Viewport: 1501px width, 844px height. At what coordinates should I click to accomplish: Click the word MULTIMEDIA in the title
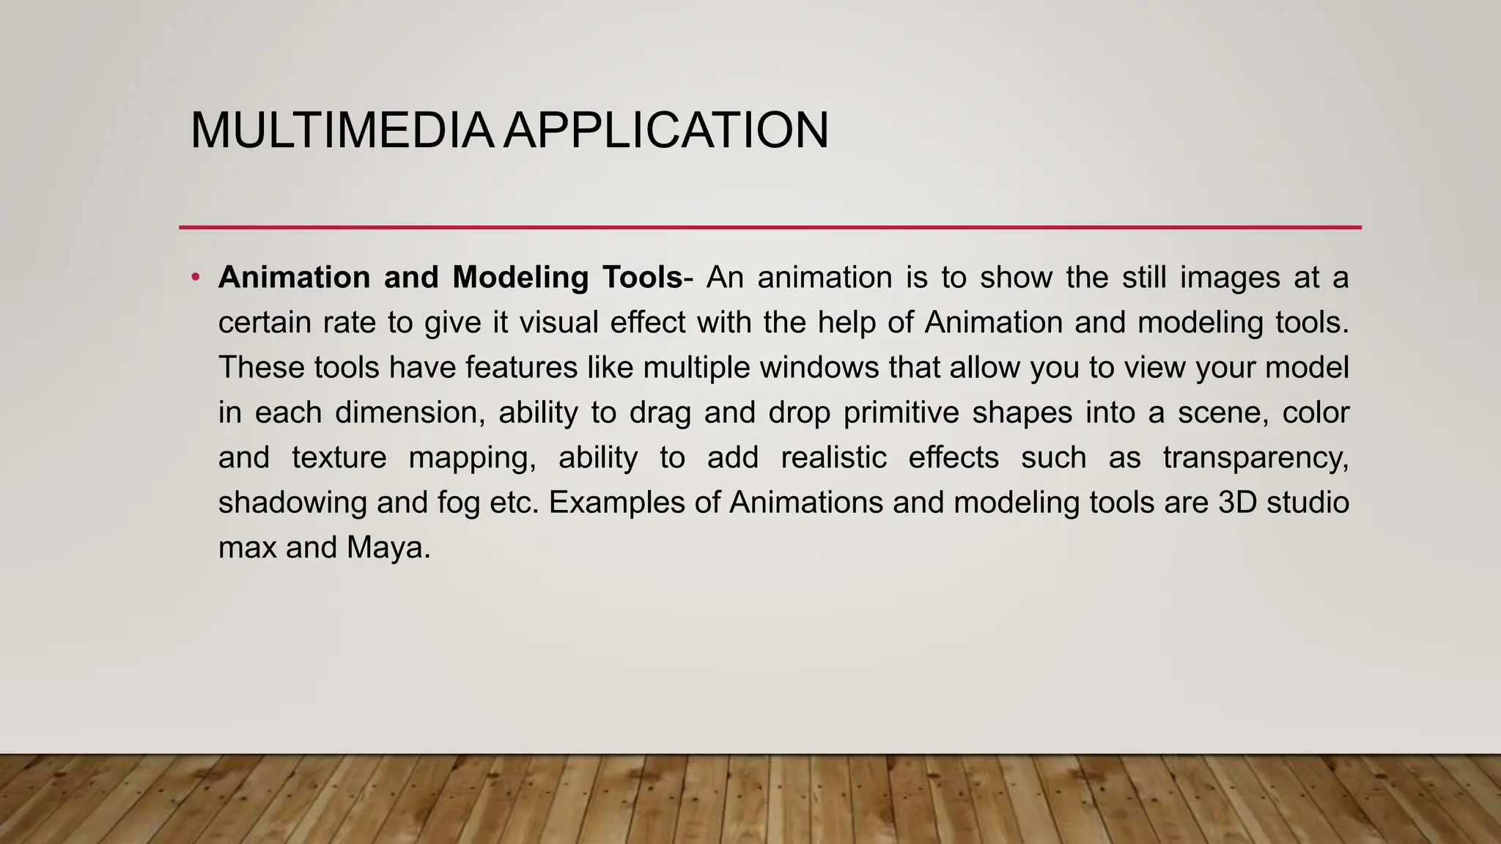342,130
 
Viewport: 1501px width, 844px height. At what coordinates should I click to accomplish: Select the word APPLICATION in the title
666,130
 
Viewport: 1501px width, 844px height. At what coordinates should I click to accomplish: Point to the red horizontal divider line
770,228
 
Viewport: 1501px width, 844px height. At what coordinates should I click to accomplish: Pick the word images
1230,278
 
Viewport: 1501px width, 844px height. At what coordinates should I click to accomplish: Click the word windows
819,367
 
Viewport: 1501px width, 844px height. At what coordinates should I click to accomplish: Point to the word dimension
410,412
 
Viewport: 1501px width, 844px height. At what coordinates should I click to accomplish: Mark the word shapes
1022,412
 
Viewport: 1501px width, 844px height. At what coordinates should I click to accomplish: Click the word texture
339,458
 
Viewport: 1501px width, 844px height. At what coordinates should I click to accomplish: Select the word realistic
833,458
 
